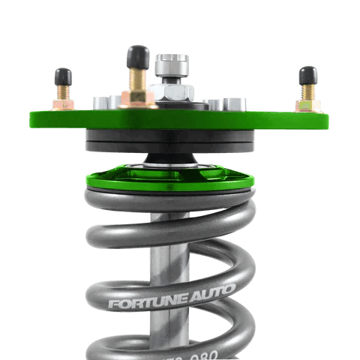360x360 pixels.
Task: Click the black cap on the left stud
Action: click(x=62, y=76)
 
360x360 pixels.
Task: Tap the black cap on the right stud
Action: click(x=306, y=74)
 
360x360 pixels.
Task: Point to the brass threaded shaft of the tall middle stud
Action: click(x=137, y=78)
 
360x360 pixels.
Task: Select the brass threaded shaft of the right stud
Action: click(x=307, y=92)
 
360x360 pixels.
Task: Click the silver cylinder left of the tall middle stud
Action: click(x=102, y=101)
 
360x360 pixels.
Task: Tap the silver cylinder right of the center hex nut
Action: click(x=212, y=103)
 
